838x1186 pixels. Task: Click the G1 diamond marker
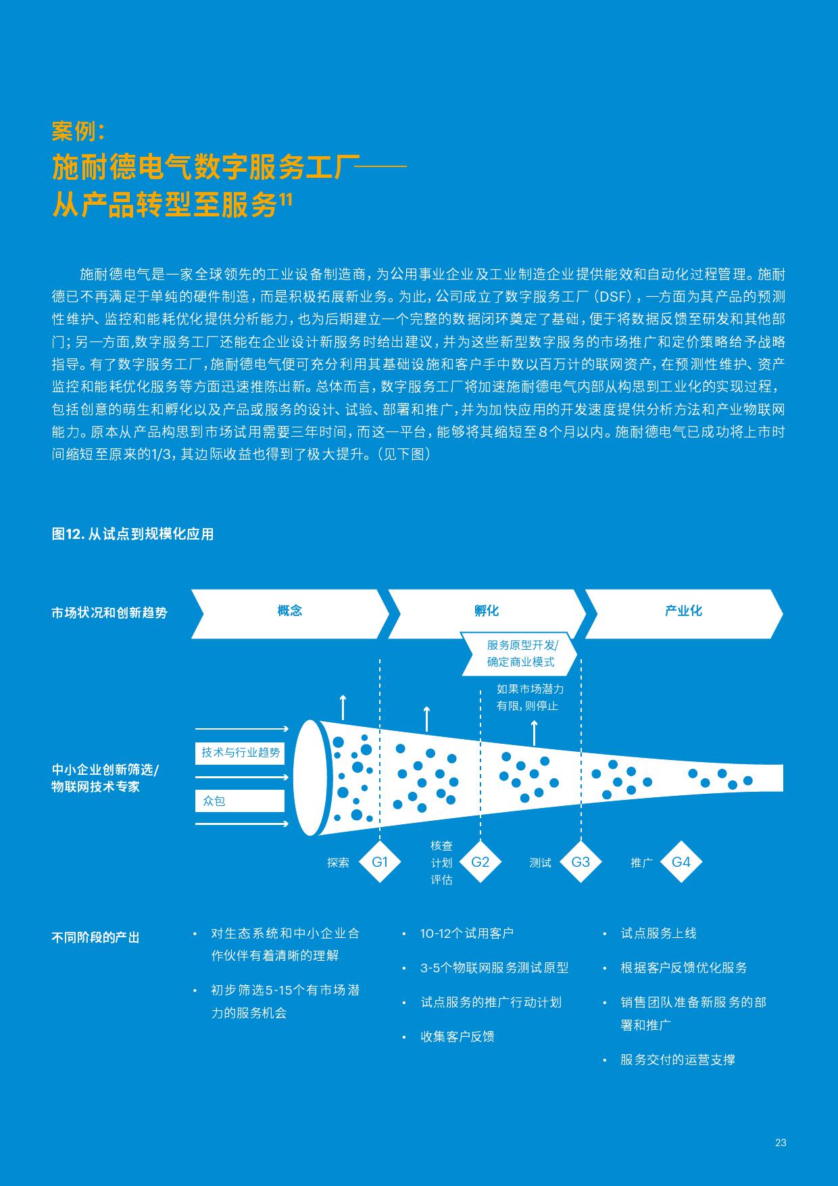click(x=380, y=862)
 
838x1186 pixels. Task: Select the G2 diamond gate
click(x=480, y=862)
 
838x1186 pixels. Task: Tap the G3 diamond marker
click(x=581, y=862)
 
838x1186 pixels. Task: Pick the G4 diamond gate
click(x=681, y=862)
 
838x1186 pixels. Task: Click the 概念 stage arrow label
click(x=290, y=611)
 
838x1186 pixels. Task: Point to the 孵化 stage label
click(x=487, y=611)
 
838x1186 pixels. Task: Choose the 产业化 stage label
click(x=683, y=611)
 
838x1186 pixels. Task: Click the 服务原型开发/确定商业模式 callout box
click(x=520, y=654)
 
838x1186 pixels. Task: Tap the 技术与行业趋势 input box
click(x=240, y=753)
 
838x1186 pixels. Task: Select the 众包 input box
click(x=240, y=801)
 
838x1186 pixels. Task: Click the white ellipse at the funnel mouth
click(x=310, y=778)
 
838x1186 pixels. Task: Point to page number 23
click(x=781, y=1143)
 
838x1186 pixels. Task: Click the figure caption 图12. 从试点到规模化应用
click(x=132, y=534)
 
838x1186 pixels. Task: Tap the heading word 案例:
click(x=78, y=131)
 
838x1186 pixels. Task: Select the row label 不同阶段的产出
click(x=95, y=938)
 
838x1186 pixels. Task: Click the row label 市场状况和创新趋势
click(x=109, y=613)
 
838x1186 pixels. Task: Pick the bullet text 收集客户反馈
click(x=458, y=1037)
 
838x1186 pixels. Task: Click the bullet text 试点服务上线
click(x=658, y=933)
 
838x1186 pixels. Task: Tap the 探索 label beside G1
click(x=338, y=863)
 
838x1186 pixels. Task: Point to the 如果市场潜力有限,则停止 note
click(x=530, y=697)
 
